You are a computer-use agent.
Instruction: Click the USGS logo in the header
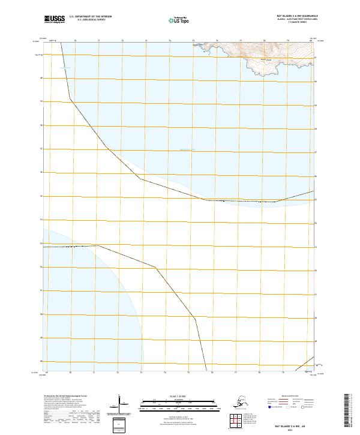coord(55,20)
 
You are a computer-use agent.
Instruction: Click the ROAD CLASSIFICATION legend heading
coord(286,396)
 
